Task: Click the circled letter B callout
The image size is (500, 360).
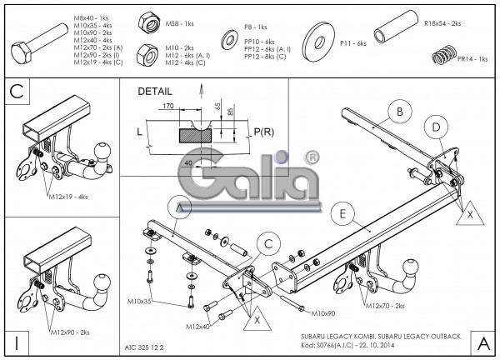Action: pos(401,111)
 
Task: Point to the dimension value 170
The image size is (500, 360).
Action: pos(168,107)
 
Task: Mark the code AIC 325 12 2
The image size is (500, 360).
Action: pos(147,342)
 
